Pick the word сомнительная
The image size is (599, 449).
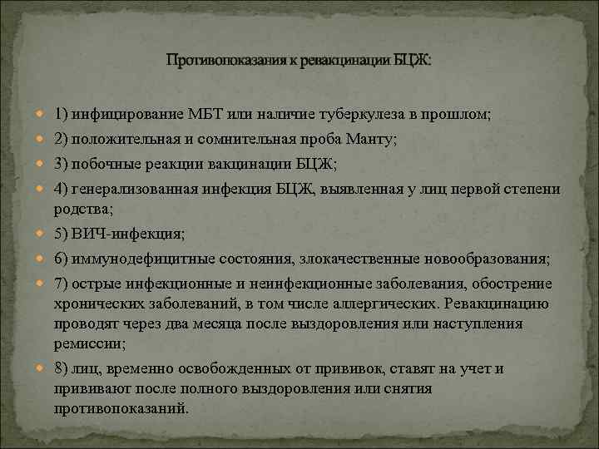click(240, 140)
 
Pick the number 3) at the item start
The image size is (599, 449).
click(61, 163)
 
